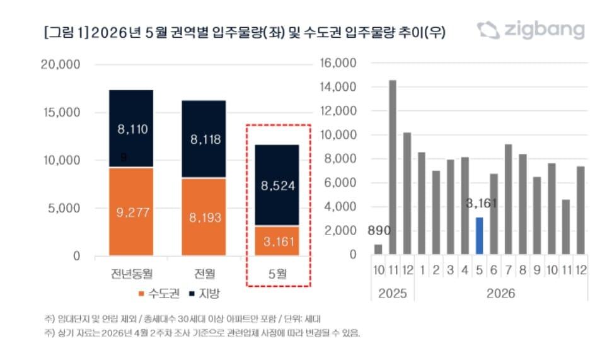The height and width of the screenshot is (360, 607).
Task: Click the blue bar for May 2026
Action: tap(479, 236)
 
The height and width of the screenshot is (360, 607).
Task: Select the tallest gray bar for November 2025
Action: tap(392, 167)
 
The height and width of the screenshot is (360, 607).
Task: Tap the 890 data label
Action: tap(378, 230)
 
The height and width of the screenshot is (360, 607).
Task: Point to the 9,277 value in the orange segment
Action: tap(132, 212)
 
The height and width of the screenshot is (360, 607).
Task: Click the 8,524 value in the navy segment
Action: tap(278, 185)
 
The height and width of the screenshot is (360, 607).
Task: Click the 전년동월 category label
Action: tap(131, 273)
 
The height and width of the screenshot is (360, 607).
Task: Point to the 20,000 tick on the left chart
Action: tap(60, 64)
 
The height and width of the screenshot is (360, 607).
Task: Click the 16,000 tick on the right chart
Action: tap(338, 63)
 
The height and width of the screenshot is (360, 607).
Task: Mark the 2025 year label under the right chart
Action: tap(392, 293)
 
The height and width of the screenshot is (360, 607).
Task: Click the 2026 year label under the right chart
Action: tap(500, 293)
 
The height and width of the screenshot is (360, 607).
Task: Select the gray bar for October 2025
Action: tap(378, 249)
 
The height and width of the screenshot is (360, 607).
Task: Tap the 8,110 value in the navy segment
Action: tap(132, 129)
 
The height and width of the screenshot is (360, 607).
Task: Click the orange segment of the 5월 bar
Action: tap(277, 241)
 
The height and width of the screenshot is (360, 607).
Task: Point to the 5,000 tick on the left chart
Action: tap(65, 209)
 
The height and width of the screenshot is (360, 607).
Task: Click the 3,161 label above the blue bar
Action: tap(482, 204)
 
